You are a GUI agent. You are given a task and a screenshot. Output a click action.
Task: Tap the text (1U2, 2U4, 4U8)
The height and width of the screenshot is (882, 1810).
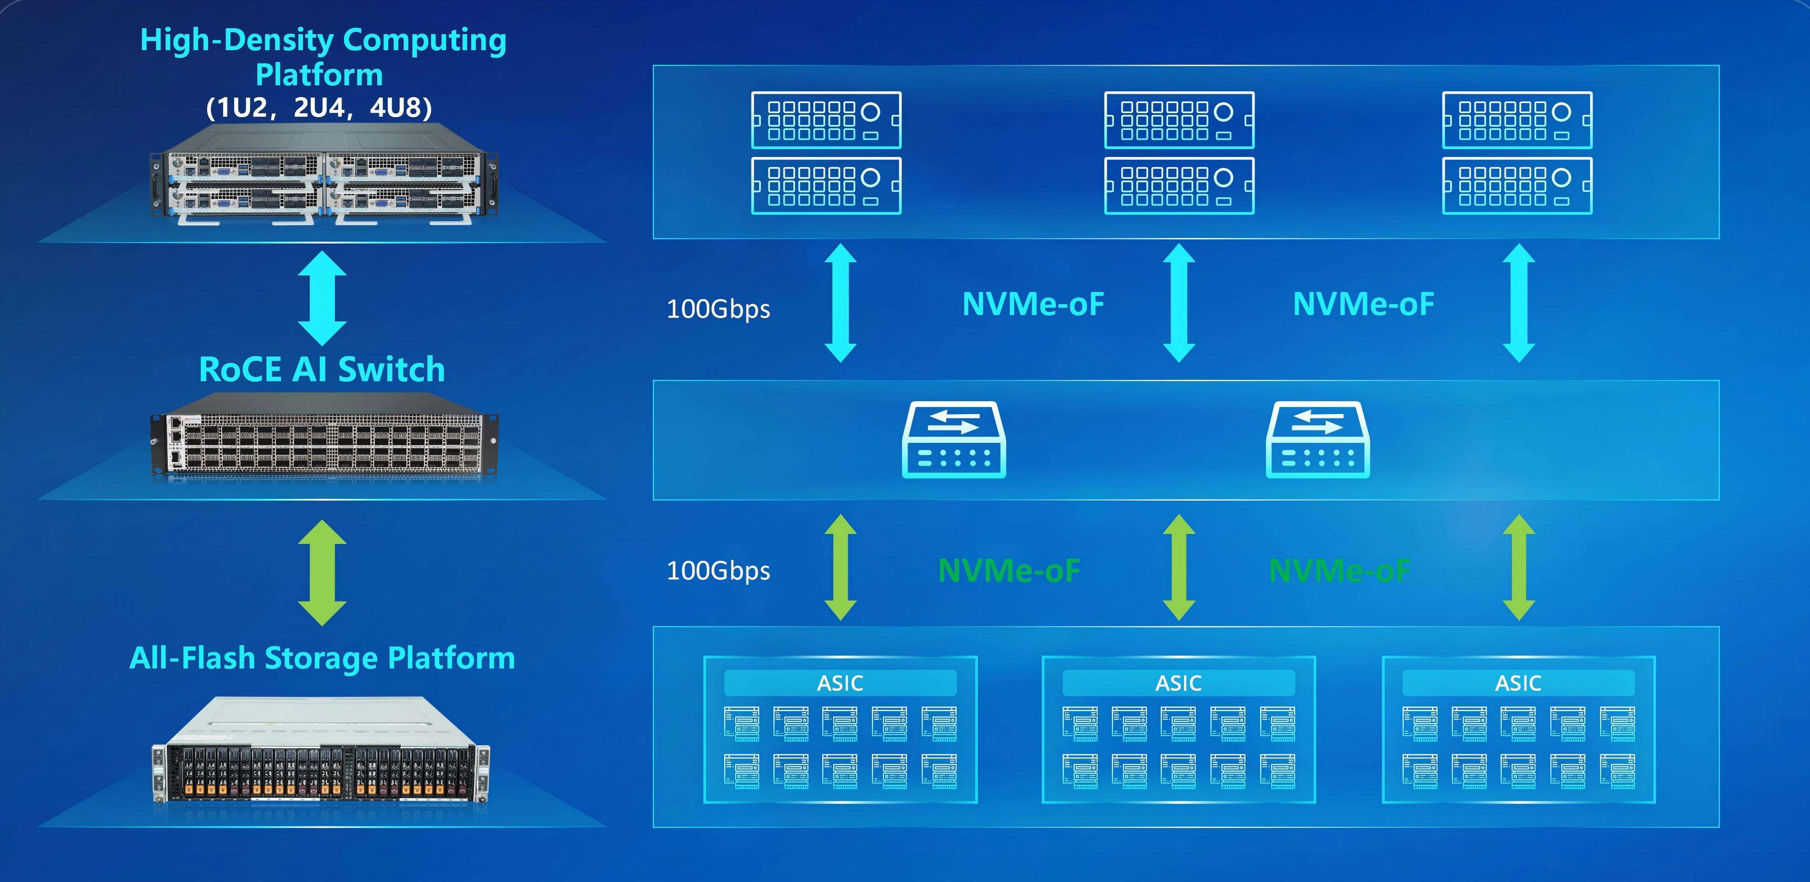point(319,108)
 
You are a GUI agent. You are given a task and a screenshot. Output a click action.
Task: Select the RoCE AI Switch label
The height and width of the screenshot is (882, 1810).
point(322,369)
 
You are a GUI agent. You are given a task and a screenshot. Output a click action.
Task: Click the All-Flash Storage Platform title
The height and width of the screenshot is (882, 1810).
point(322,658)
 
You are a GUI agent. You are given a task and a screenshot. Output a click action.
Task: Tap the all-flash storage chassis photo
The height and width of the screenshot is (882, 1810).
point(322,752)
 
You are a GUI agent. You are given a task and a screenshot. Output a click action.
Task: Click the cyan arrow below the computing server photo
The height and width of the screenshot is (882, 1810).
point(322,298)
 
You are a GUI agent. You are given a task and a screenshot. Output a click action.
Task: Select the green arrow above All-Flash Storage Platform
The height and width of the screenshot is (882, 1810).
point(322,572)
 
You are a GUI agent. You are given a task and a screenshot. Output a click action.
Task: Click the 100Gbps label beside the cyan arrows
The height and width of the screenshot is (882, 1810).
point(718,309)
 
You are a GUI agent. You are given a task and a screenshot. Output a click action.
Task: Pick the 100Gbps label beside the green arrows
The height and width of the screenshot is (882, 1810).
point(718,571)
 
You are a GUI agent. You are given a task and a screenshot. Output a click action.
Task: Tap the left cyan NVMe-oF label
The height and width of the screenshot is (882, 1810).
point(1033,304)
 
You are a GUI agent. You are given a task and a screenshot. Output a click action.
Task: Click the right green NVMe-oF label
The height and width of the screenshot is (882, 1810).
point(1339,571)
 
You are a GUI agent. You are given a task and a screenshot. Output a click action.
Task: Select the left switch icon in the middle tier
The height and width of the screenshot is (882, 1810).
point(954,440)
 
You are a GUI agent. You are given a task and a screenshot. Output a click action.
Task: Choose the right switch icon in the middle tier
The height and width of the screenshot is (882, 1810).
point(1317,440)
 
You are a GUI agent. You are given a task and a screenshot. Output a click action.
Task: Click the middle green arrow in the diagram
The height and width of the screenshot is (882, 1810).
point(1179,567)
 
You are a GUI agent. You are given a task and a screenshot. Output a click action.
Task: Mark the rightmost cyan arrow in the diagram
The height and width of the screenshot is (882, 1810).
point(1519,303)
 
